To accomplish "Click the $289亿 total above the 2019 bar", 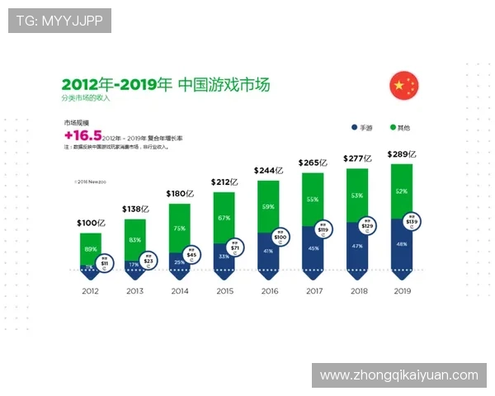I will tap(402, 154).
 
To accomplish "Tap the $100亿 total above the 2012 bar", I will tap(91, 223).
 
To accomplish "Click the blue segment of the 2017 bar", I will tap(313, 252).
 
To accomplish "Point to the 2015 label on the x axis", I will tap(224, 291).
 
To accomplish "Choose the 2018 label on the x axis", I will tap(357, 291).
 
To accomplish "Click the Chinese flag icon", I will tap(403, 86).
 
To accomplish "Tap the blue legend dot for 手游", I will tap(352, 128).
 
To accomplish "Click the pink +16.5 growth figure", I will tap(82, 135).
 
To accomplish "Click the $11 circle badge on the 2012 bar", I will tap(105, 263).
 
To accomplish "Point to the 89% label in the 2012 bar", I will tap(91, 248).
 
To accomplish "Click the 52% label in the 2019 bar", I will tap(401, 191).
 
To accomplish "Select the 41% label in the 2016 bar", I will tap(268, 251).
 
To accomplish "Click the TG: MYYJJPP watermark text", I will tap(59, 21).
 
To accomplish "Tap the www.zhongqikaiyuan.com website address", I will tap(398, 375).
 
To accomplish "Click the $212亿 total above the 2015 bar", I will tap(224, 181).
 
